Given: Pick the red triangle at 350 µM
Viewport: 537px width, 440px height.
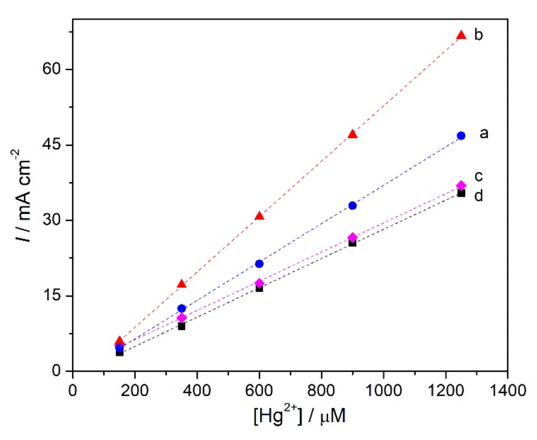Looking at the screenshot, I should click(181, 284).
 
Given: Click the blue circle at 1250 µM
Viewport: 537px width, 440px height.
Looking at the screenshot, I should click(461, 136).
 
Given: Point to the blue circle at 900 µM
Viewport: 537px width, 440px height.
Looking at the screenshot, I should click(352, 206).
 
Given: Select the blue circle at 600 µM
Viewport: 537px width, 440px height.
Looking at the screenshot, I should click(259, 264).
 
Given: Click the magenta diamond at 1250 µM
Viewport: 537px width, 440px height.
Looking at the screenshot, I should click(461, 185).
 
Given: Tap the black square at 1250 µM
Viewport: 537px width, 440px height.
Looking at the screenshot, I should click(461, 193).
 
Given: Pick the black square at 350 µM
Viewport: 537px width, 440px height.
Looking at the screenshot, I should click(181, 326).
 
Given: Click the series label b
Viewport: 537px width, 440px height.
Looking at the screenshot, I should click(479, 35).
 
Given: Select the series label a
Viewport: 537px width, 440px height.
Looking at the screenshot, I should click(484, 133).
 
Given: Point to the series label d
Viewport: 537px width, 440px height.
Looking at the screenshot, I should click(479, 196).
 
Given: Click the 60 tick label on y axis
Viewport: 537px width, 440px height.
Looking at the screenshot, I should click(52, 69).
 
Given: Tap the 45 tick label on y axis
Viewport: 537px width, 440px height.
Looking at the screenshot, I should click(52, 145).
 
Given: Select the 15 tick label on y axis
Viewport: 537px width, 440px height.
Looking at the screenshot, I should click(52, 295).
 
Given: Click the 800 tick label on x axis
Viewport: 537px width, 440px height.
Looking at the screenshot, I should click(321, 391).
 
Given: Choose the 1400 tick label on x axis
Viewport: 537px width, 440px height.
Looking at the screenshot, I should click(508, 391).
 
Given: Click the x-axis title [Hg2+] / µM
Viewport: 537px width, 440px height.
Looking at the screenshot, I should click(300, 416).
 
